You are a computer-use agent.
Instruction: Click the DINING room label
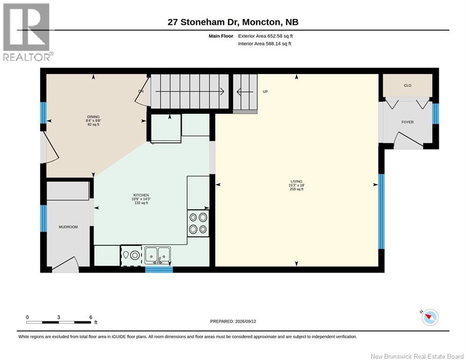tap(93, 117)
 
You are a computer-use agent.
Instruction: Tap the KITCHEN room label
tap(141, 195)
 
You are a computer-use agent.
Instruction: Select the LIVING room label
tap(296, 181)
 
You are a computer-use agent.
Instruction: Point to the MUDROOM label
tap(68, 227)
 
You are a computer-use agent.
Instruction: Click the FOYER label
tap(407, 122)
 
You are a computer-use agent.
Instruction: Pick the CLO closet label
tap(407, 85)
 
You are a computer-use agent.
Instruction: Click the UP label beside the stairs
tap(266, 91)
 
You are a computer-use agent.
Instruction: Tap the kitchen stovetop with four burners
tap(198, 223)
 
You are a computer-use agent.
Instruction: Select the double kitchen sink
tap(157, 255)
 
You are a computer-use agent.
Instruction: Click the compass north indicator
tap(430, 317)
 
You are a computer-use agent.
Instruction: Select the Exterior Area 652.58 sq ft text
tap(266, 36)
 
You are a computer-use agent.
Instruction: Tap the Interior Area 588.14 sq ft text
tap(265, 44)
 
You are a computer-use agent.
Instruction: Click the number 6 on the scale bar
tap(91, 317)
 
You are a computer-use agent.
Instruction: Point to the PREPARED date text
tap(233, 321)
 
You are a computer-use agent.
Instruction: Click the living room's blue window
tap(381, 211)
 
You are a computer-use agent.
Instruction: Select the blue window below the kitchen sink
tap(159, 270)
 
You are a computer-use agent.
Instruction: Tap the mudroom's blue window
tap(44, 218)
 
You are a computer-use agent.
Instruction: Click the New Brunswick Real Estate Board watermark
tap(417, 356)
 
